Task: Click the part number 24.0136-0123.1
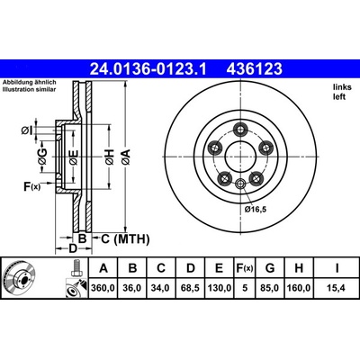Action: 148,69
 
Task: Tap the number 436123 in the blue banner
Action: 255,69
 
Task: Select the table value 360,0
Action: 103,288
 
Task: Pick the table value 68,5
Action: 191,288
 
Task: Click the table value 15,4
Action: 337,288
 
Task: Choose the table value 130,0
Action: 219,288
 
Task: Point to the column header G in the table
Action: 270,268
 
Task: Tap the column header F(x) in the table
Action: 245,268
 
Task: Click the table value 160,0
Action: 299,288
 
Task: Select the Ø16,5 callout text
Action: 256,210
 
